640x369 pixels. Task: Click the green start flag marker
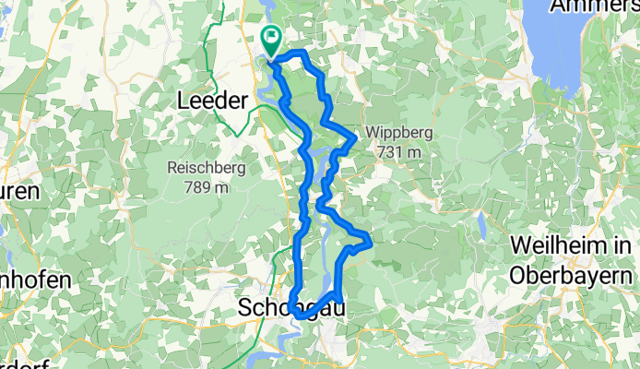tap(272, 40)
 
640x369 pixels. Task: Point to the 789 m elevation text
tap(207, 187)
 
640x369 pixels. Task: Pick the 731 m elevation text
tap(399, 151)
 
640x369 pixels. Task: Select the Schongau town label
tap(288, 308)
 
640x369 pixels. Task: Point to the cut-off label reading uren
tap(18, 192)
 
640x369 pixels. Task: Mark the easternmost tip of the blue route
tap(370, 241)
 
